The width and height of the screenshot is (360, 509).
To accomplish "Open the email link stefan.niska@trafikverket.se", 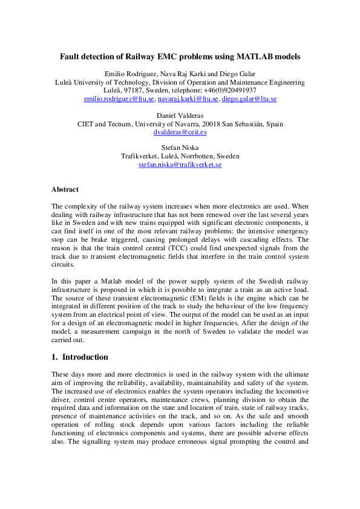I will click(x=180, y=164).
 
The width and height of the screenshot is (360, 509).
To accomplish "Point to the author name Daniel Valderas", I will click(x=180, y=115).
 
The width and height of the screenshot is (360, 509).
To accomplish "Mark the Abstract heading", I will click(x=65, y=189).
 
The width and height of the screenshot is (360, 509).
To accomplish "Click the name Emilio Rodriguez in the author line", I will click(x=129, y=74).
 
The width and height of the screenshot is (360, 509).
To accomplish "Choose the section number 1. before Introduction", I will click(x=55, y=357).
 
